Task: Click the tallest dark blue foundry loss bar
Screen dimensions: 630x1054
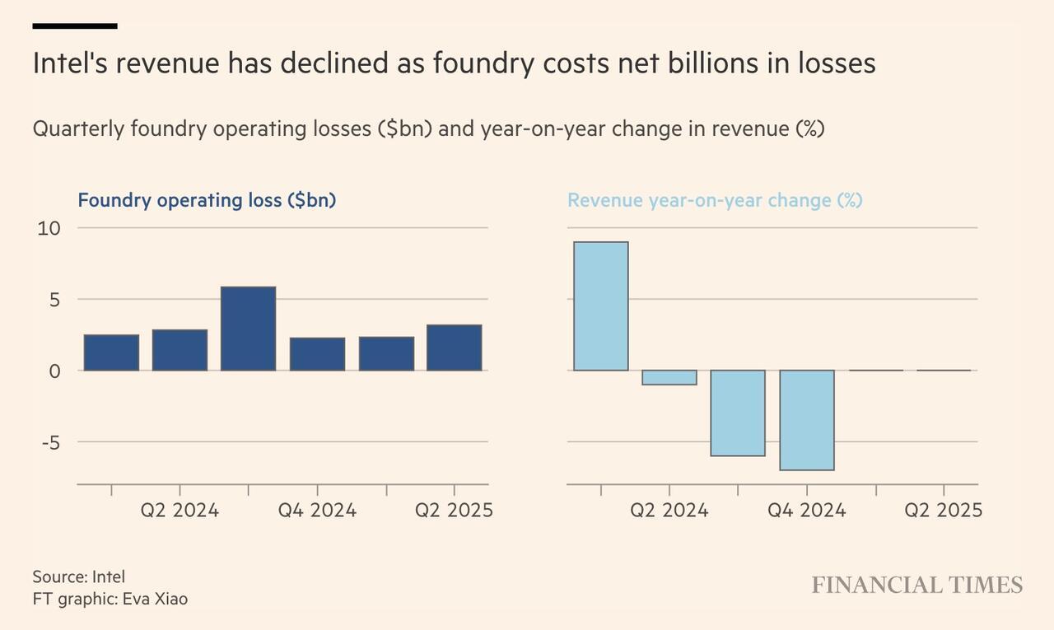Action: [x=248, y=329]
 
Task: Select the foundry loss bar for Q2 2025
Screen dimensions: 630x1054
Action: [x=454, y=348]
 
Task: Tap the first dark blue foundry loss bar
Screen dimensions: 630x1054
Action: [x=111, y=352]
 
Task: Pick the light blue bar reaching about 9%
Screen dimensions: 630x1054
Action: [x=600, y=306]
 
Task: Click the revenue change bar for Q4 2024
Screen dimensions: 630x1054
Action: [x=807, y=420]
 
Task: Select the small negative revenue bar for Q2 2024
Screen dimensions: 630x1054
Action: [x=669, y=377]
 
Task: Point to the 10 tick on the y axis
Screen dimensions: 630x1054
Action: [x=49, y=228]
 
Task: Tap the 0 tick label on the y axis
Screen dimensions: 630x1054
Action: [x=54, y=371]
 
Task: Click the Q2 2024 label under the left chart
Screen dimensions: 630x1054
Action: [x=180, y=511]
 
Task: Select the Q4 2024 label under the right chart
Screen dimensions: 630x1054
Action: [x=806, y=511]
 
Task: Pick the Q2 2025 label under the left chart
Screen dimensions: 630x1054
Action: [x=454, y=511]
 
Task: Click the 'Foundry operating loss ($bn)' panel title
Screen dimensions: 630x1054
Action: [x=207, y=200]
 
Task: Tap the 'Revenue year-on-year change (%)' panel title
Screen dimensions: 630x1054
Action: [x=715, y=200]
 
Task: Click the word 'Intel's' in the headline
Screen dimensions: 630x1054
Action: [x=69, y=63]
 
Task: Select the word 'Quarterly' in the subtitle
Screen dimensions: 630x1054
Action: [x=78, y=129]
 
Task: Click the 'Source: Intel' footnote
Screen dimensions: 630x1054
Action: [x=78, y=576]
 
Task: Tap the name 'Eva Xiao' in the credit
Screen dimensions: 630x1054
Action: [x=155, y=599]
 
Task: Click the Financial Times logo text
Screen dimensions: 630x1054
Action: [x=916, y=586]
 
